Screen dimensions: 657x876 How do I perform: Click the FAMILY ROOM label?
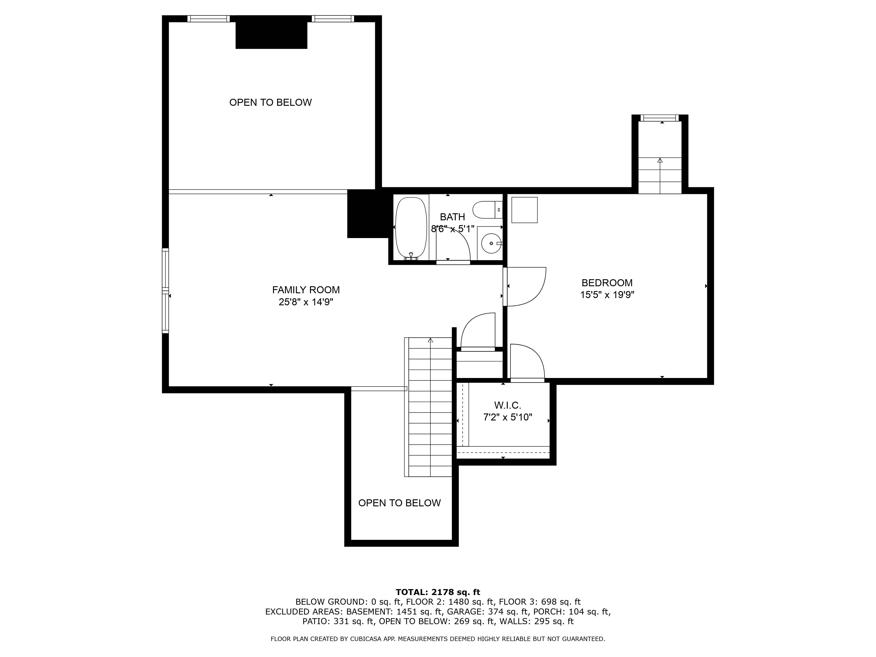point(306,290)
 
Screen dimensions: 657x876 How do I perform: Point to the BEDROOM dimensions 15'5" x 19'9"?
point(607,295)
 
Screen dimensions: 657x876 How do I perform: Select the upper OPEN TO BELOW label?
point(270,102)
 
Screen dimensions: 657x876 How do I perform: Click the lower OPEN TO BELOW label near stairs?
point(399,503)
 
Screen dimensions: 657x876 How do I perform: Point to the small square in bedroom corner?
point(524,210)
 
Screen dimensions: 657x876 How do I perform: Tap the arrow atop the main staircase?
point(431,340)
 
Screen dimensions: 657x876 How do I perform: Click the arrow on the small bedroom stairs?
point(660,160)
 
